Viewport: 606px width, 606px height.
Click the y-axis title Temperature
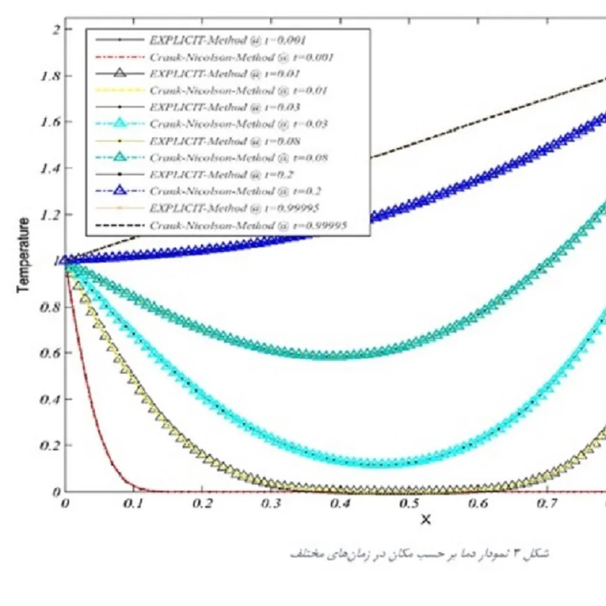tap(23, 256)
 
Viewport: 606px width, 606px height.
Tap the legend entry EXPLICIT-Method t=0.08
tap(223, 140)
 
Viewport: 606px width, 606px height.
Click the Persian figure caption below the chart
tap(419, 553)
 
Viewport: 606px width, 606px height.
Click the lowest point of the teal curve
tap(328, 355)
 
